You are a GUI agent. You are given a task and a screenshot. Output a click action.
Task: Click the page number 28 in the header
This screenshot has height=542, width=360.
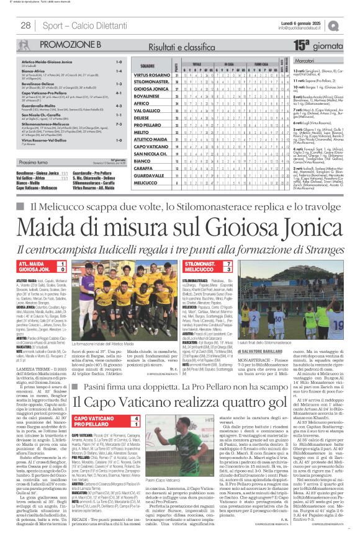pos(25,25)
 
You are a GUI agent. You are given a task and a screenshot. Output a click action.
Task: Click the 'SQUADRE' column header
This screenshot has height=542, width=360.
pos(148,65)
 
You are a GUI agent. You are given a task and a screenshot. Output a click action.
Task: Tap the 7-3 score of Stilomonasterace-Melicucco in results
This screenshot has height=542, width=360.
pos(118,124)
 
